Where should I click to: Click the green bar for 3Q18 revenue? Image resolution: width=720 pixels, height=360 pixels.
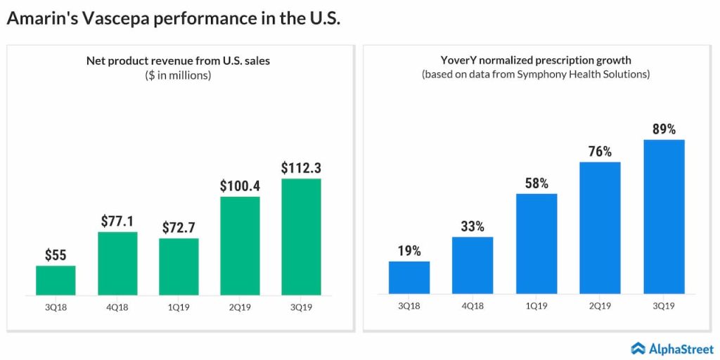pos(56,280)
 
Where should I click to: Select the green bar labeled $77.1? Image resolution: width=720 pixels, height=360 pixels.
pos(117,263)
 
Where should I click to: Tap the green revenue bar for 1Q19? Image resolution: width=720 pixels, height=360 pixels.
pos(179,266)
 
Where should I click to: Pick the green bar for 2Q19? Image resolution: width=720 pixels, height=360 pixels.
pos(240,245)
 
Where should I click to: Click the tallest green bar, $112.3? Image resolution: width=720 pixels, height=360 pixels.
pos(301,236)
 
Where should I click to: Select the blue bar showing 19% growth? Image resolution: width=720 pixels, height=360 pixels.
pos(409,277)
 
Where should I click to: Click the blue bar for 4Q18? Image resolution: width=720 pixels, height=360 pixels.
pos(472,265)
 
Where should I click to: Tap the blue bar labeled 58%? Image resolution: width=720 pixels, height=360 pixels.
pos(536,243)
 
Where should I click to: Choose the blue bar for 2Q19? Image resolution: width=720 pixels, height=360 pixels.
pos(600,228)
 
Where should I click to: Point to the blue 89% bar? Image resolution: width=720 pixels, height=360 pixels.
pos(664,217)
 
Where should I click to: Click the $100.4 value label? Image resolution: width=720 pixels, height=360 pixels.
pos(240,186)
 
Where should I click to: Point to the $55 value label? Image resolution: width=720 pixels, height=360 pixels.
pos(56,255)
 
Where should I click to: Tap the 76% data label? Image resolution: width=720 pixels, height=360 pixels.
pos(600,151)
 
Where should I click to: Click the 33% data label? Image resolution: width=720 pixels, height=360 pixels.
pos(472,226)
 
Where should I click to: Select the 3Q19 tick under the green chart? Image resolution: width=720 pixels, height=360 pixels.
pos(301,307)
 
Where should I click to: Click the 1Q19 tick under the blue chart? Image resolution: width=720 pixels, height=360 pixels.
pos(536,307)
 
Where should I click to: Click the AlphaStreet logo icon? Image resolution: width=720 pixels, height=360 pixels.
pos(638,347)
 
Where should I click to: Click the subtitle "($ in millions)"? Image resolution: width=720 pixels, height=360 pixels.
pos(178,75)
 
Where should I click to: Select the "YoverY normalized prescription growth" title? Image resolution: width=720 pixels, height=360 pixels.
pos(535,60)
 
